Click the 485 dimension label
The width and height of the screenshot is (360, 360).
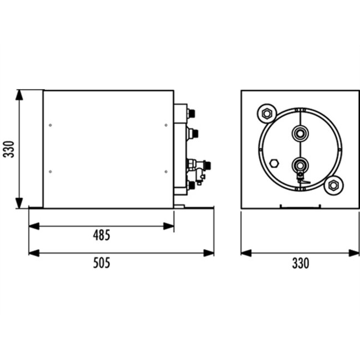(101, 235)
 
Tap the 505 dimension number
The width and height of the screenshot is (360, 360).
(101, 263)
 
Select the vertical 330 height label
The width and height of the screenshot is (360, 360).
(8, 148)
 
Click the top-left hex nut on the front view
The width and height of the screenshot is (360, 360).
(266, 114)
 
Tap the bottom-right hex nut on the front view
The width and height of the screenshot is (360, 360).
(333, 185)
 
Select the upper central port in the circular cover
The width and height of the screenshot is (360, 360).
(300, 133)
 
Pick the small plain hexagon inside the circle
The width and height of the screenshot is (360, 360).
(274, 163)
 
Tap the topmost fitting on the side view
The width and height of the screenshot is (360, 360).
(192, 112)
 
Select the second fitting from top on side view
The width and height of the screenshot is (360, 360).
(193, 133)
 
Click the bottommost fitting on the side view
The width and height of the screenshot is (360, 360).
(192, 185)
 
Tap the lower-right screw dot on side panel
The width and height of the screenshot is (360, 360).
(166, 171)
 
